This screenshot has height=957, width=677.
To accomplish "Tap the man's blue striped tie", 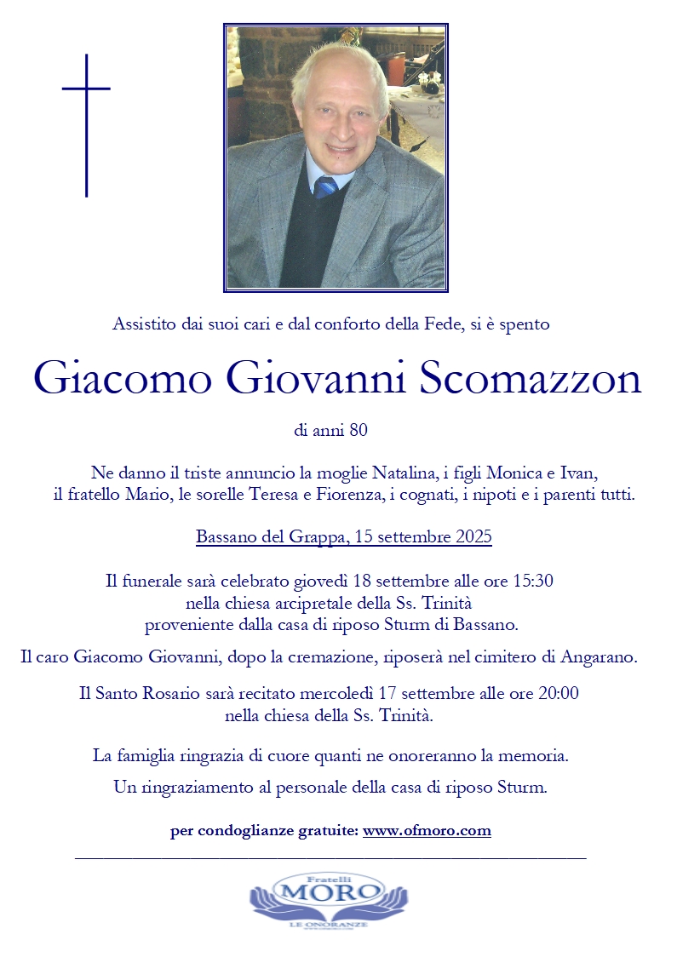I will [x=324, y=186].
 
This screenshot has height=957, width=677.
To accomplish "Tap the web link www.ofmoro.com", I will [x=427, y=830].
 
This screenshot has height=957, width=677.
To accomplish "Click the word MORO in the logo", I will [x=330, y=891].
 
